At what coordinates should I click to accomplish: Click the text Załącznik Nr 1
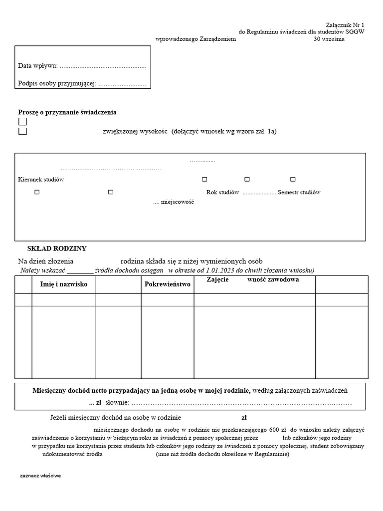[x=345, y=24]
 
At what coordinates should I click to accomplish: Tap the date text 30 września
[x=329, y=39]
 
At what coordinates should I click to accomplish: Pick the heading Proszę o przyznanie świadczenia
[x=67, y=112]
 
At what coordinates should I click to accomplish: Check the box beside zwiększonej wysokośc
[x=22, y=131]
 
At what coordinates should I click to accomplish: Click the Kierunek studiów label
[x=41, y=179]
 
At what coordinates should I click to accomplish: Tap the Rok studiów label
[x=223, y=192]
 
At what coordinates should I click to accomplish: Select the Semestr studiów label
[x=299, y=192]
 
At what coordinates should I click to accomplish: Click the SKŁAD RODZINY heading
[x=57, y=248]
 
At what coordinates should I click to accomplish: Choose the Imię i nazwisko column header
[x=63, y=284]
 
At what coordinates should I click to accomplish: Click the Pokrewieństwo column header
[x=168, y=284]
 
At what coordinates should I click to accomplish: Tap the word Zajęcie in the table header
[x=217, y=280]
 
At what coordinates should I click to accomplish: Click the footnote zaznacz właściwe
[x=40, y=476]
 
